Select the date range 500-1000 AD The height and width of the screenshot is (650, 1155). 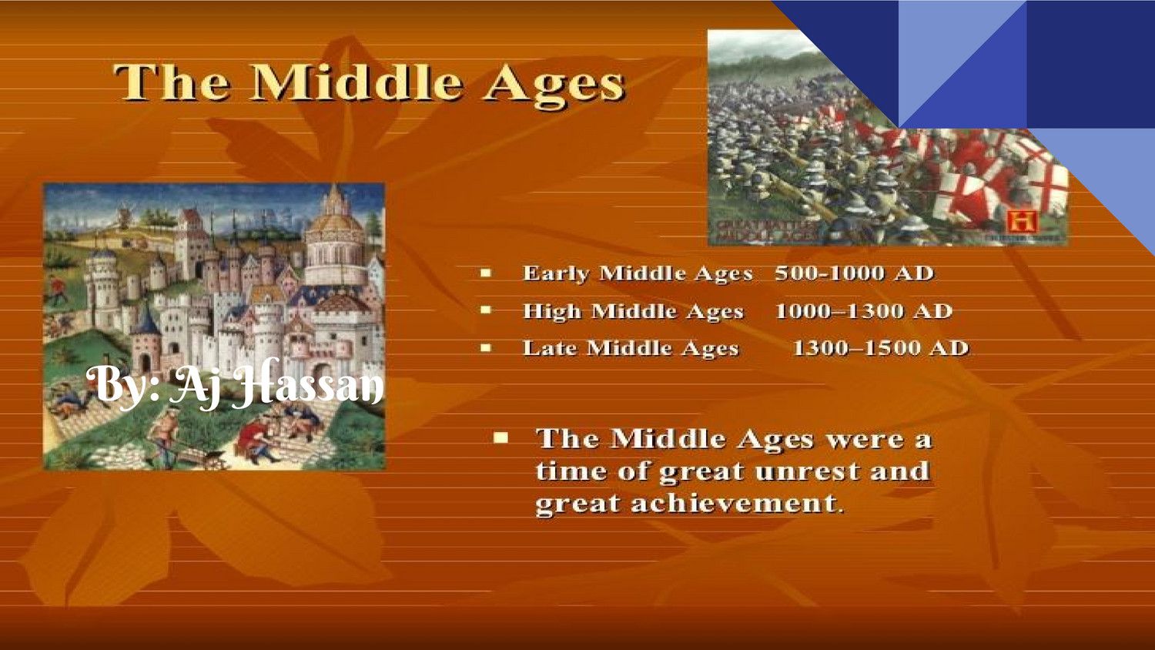[x=854, y=273]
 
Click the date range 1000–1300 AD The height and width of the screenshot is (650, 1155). [x=863, y=311]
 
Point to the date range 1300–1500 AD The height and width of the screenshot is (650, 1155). [x=880, y=348]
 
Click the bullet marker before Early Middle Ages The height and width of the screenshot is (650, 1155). [x=486, y=273]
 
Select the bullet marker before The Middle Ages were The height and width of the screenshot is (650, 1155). [x=501, y=437]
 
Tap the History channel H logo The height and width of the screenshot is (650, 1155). [x=1023, y=222]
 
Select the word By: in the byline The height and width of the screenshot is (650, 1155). [x=123, y=383]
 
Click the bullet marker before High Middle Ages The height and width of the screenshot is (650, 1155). [x=486, y=310]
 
